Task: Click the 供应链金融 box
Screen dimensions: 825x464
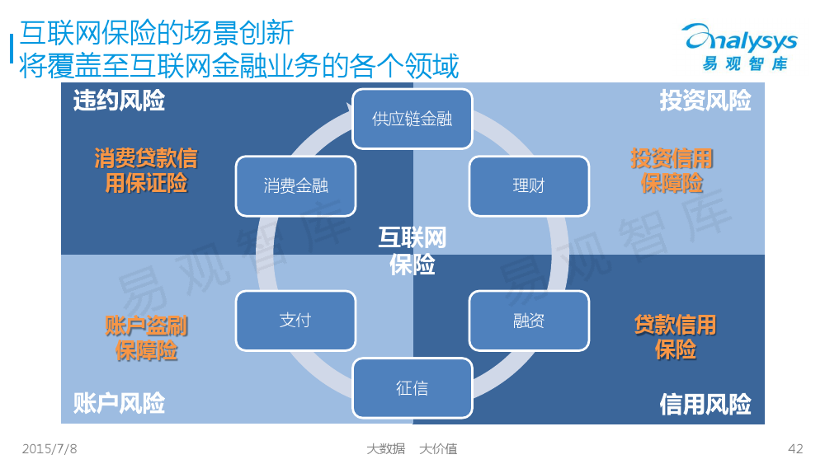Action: point(412,119)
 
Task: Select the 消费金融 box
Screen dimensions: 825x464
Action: point(295,186)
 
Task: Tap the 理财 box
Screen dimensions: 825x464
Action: point(529,186)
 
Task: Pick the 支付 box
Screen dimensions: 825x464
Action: point(295,321)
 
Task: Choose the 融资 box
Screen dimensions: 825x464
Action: point(529,321)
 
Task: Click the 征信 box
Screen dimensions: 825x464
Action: point(412,388)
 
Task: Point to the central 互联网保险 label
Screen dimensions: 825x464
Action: point(412,251)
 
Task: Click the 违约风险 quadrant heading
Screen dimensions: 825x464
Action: point(119,101)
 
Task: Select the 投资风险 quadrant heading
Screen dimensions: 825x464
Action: point(705,101)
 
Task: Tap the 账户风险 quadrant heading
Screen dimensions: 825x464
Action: point(119,404)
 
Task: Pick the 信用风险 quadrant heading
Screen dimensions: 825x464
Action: point(705,404)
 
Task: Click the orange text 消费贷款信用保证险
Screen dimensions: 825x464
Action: point(146,171)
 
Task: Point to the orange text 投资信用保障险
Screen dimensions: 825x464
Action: point(672,171)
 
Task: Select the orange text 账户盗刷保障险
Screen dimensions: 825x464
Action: point(146,338)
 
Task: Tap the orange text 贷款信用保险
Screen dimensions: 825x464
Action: point(675,337)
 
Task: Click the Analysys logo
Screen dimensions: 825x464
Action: point(740,47)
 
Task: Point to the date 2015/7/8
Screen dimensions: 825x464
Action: point(49,449)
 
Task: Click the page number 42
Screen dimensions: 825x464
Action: point(795,449)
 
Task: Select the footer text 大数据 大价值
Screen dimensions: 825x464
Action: point(412,449)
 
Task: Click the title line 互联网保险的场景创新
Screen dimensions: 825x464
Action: point(156,33)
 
